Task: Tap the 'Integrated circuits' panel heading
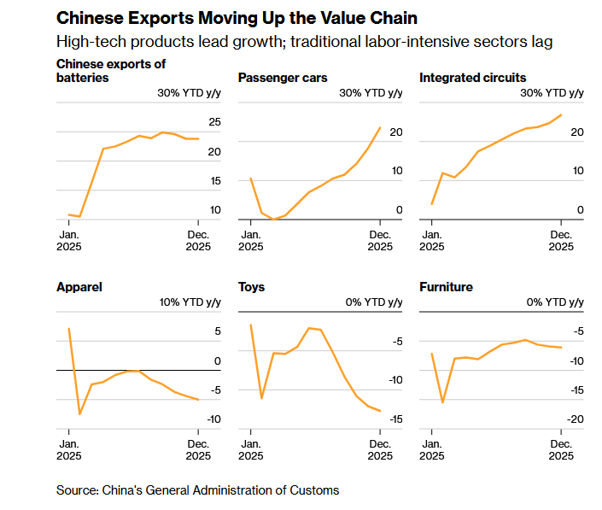(x=472, y=78)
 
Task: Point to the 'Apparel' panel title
(x=79, y=287)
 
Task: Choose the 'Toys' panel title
(x=251, y=287)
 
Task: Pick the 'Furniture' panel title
(x=446, y=287)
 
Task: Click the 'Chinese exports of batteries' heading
(x=110, y=71)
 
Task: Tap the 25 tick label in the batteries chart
(x=214, y=123)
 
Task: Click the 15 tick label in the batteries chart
(x=214, y=181)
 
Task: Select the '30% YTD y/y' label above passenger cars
(x=371, y=93)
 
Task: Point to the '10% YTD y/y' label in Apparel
(x=190, y=302)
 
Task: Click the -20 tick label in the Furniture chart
(x=576, y=419)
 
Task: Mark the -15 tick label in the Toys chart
(x=395, y=419)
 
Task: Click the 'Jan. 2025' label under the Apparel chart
(x=69, y=449)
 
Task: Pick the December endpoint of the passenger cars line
(x=380, y=127)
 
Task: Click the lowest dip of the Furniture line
(x=442, y=402)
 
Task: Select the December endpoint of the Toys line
(x=380, y=411)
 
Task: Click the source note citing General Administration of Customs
(x=197, y=489)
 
